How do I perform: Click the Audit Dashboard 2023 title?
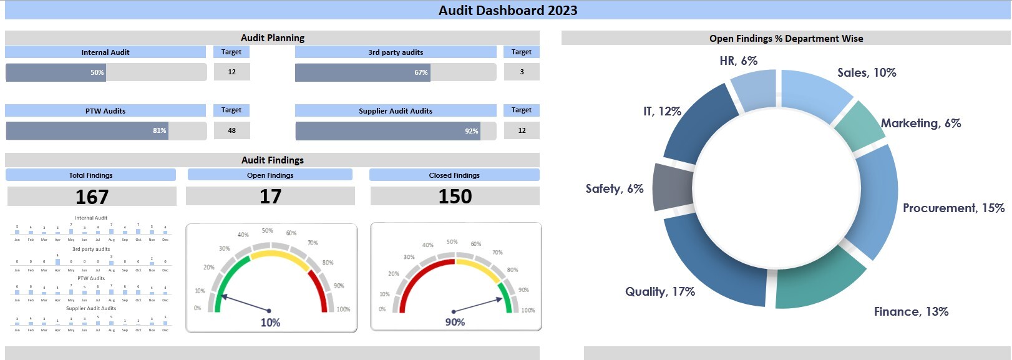click(508, 10)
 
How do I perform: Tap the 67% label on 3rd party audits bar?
click(421, 72)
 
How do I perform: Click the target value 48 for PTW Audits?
click(232, 130)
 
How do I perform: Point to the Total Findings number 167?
click(92, 197)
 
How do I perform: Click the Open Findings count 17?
click(270, 197)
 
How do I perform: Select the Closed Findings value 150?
click(455, 197)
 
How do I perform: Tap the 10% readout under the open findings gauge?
click(270, 323)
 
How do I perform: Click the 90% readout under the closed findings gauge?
click(455, 322)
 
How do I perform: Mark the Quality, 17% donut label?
click(660, 291)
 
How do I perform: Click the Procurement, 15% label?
click(953, 208)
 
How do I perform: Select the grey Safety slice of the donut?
click(672, 187)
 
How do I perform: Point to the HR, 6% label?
click(738, 61)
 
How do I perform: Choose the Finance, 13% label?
click(911, 311)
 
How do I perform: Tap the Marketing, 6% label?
click(921, 123)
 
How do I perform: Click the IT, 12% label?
click(662, 111)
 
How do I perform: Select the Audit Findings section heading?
click(273, 160)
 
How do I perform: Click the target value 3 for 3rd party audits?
click(522, 72)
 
